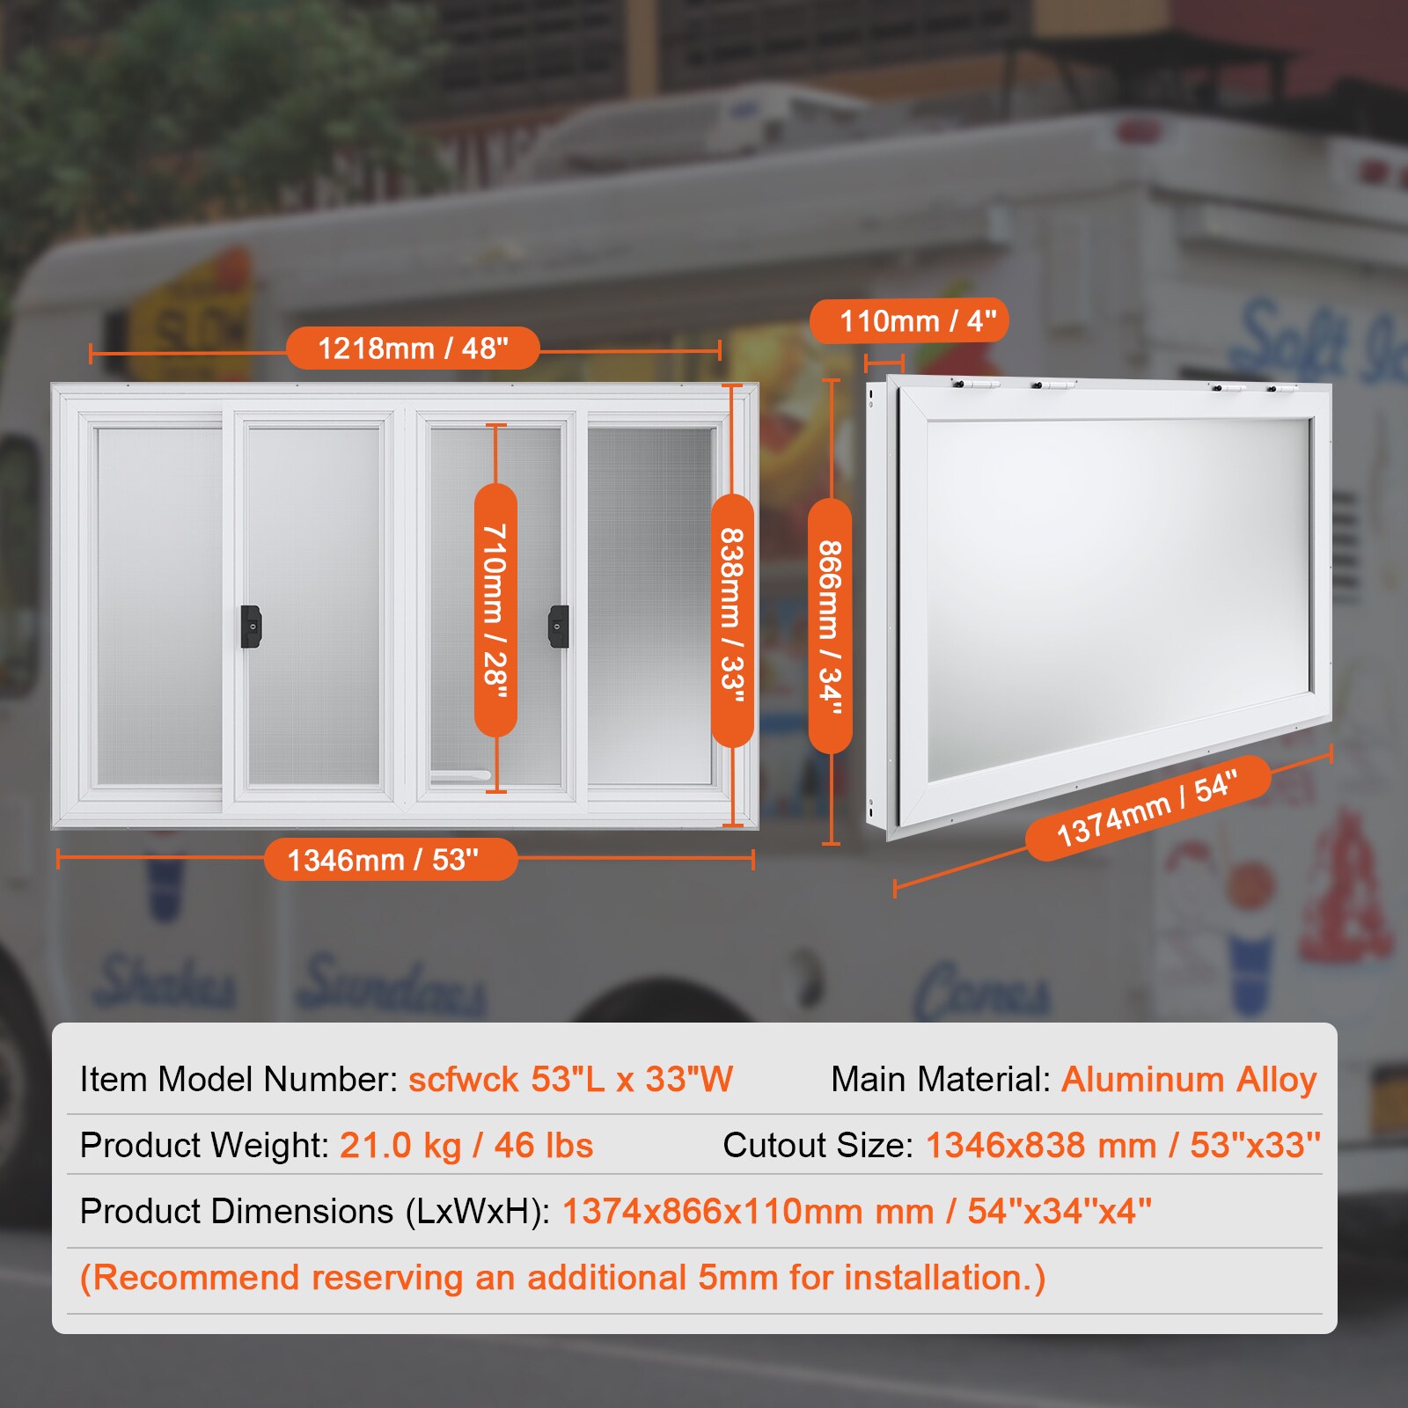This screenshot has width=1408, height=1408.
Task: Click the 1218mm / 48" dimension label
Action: point(413,348)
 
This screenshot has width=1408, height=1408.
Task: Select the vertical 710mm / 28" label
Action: point(495,609)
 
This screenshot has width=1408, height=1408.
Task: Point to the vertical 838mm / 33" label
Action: point(732,620)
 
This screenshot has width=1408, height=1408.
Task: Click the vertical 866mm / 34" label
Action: point(830,626)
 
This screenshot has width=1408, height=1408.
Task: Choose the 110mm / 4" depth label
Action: point(909,321)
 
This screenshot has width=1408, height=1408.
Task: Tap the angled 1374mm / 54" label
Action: point(1148,808)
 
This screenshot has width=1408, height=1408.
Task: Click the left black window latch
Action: point(251,626)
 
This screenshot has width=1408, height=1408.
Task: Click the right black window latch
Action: point(559,626)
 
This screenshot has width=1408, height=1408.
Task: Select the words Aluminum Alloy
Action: point(1189,1079)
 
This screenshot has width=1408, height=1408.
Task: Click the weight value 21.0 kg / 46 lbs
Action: point(466,1145)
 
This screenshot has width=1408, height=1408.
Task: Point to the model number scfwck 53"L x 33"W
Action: point(570,1079)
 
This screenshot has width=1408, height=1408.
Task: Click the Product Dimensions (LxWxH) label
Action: point(314,1211)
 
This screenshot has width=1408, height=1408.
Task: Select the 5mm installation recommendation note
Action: point(562,1277)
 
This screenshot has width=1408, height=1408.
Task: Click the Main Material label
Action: point(941,1079)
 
